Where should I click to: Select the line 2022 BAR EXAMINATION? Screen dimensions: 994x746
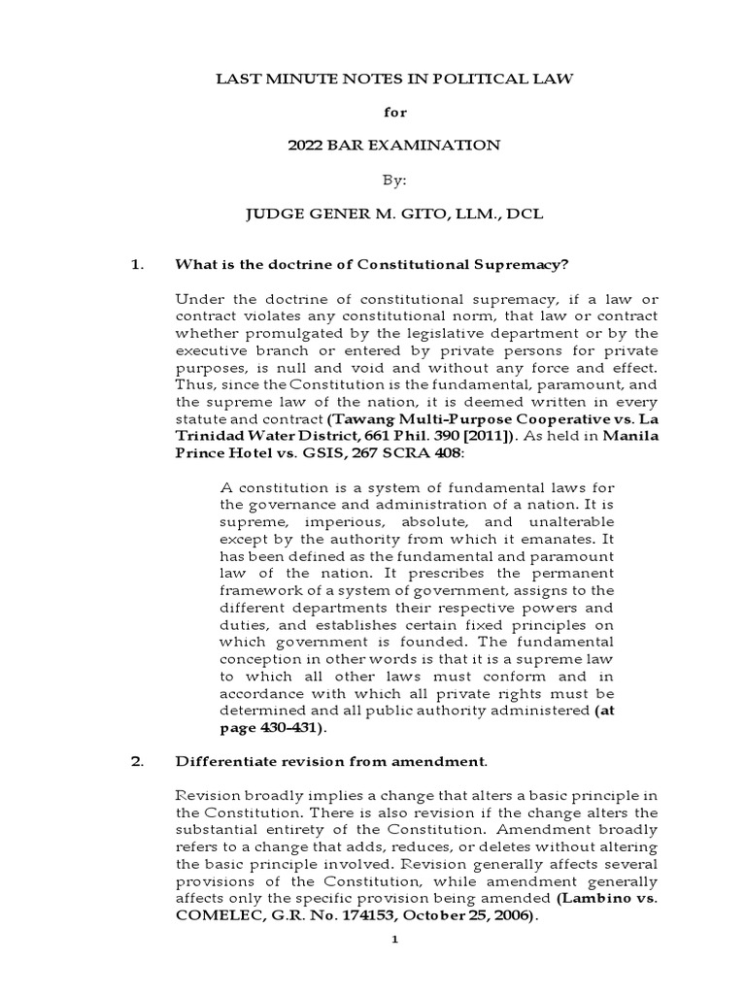point(393,146)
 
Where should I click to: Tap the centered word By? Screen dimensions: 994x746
point(393,180)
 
